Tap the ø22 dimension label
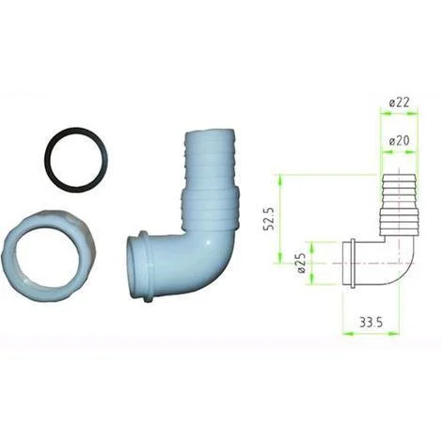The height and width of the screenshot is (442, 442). click(x=399, y=103)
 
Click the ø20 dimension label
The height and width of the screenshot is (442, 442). click(x=399, y=141)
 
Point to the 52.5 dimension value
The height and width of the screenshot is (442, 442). click(x=269, y=218)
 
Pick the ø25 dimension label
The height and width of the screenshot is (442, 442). click(x=301, y=263)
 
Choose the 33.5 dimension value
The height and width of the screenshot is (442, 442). click(x=371, y=323)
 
